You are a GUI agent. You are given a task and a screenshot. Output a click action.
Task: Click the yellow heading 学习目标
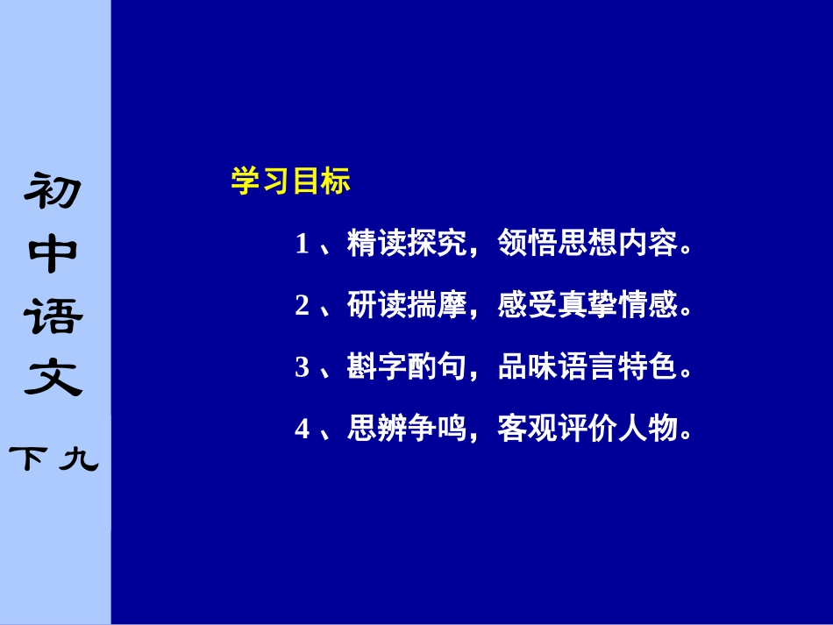tap(290, 181)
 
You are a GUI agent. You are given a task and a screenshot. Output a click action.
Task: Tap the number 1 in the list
tap(303, 244)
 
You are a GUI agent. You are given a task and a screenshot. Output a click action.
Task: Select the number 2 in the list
tap(303, 306)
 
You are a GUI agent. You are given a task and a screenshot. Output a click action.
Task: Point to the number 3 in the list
tap(303, 368)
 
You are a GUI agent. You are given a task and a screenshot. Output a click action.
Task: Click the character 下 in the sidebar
tap(30, 458)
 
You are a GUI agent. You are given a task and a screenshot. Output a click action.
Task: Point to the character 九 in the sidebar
tap(79, 458)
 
